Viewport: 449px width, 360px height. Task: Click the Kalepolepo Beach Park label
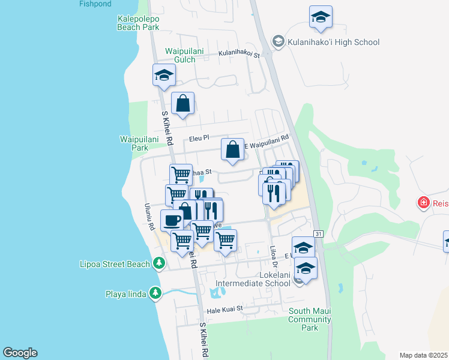[139, 23]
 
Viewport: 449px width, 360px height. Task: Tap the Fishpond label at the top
[95, 4]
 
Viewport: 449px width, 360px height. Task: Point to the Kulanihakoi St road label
[238, 55]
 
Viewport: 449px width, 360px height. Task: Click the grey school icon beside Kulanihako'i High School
[278, 41]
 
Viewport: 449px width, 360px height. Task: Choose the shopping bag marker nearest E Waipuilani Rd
[232, 149]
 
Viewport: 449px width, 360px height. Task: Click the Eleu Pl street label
[199, 137]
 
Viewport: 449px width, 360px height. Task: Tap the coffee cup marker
[172, 220]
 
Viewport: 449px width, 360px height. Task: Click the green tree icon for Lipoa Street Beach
[158, 263]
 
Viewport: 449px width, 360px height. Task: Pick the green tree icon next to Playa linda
[155, 292]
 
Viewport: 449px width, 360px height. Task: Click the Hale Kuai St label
[224, 308]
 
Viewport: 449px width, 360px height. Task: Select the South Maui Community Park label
[310, 319]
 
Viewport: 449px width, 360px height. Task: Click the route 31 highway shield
[319, 233]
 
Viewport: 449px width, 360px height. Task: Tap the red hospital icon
[424, 203]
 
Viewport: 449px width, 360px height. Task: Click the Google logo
[20, 353]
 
